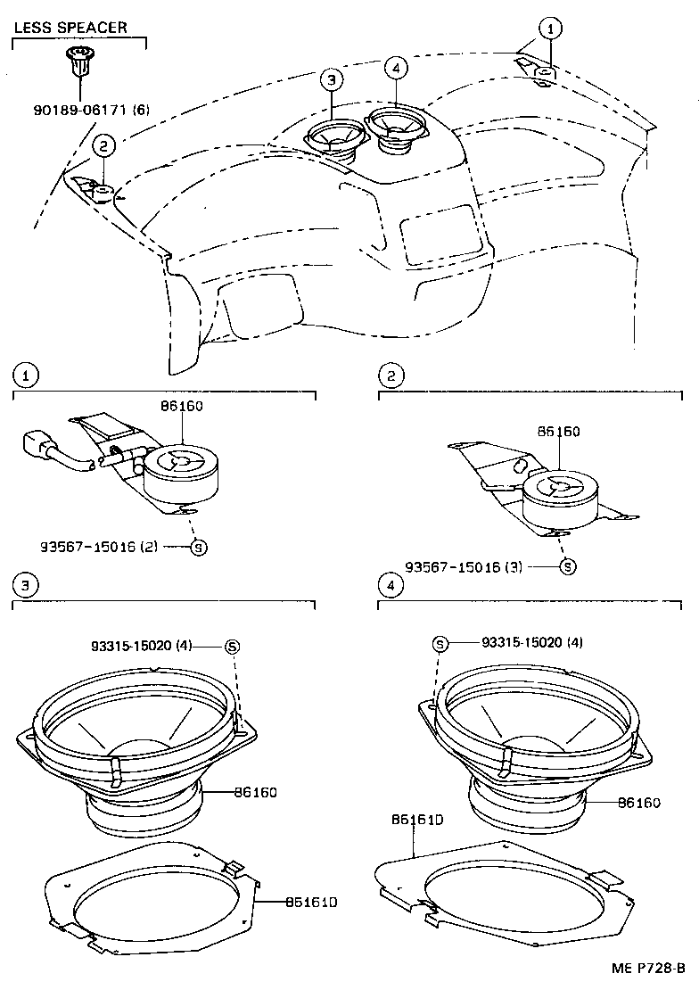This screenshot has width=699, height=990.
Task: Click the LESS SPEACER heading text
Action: point(70,28)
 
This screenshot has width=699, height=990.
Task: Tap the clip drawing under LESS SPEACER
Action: point(79,62)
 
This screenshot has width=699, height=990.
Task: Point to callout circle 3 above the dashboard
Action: point(332,80)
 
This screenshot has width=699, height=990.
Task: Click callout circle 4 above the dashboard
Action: point(397,67)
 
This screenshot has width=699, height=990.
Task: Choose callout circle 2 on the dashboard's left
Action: point(103,145)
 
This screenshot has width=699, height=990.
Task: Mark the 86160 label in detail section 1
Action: point(182,406)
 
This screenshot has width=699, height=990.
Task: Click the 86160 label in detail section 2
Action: point(559,432)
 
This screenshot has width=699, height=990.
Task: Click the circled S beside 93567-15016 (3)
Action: point(568,566)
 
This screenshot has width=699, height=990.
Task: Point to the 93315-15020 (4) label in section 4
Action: point(532,642)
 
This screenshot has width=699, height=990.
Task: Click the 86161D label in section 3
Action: point(311,902)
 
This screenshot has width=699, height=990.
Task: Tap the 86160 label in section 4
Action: point(638,803)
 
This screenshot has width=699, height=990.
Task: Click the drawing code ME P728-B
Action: point(648,969)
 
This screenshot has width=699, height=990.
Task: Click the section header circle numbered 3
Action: point(27,585)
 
